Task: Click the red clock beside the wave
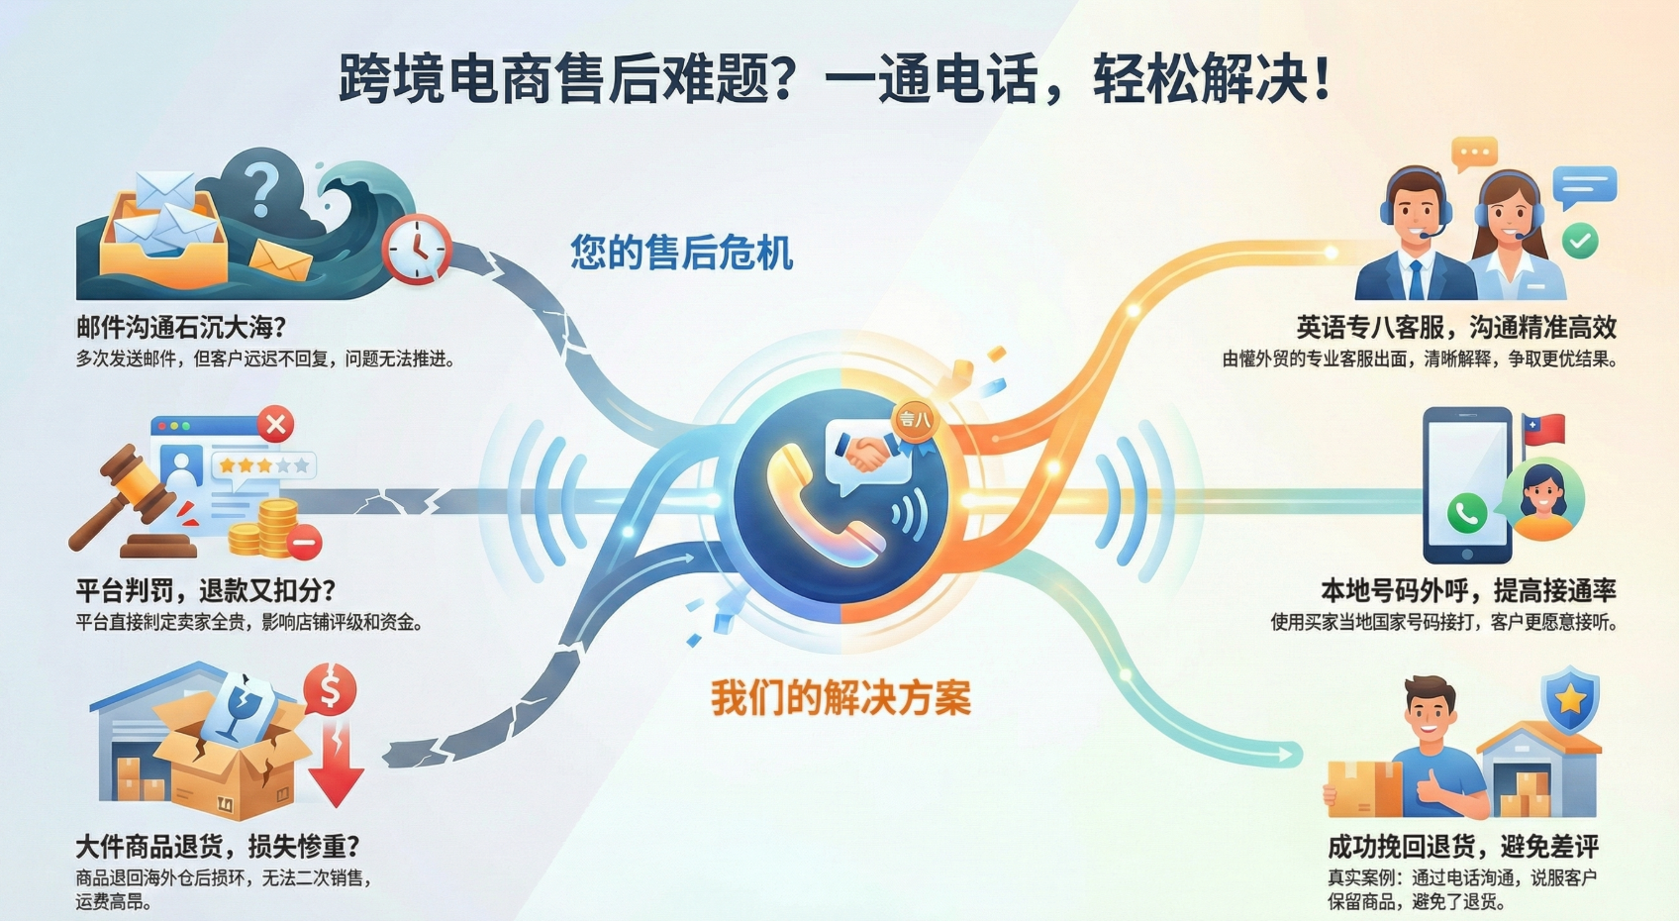(x=417, y=249)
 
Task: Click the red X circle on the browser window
(x=275, y=425)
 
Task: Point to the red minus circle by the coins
(x=304, y=541)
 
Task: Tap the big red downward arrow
(x=336, y=764)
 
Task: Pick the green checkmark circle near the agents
(x=1580, y=241)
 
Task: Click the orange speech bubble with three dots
(x=1474, y=153)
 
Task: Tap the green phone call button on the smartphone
(x=1466, y=513)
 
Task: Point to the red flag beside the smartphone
(x=1544, y=430)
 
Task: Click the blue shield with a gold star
(x=1570, y=699)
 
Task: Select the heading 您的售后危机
(x=681, y=252)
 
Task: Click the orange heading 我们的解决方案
(x=841, y=697)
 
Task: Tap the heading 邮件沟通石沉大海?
(x=181, y=327)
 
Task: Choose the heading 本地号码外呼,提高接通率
(x=1468, y=591)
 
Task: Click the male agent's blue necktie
(x=1415, y=279)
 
